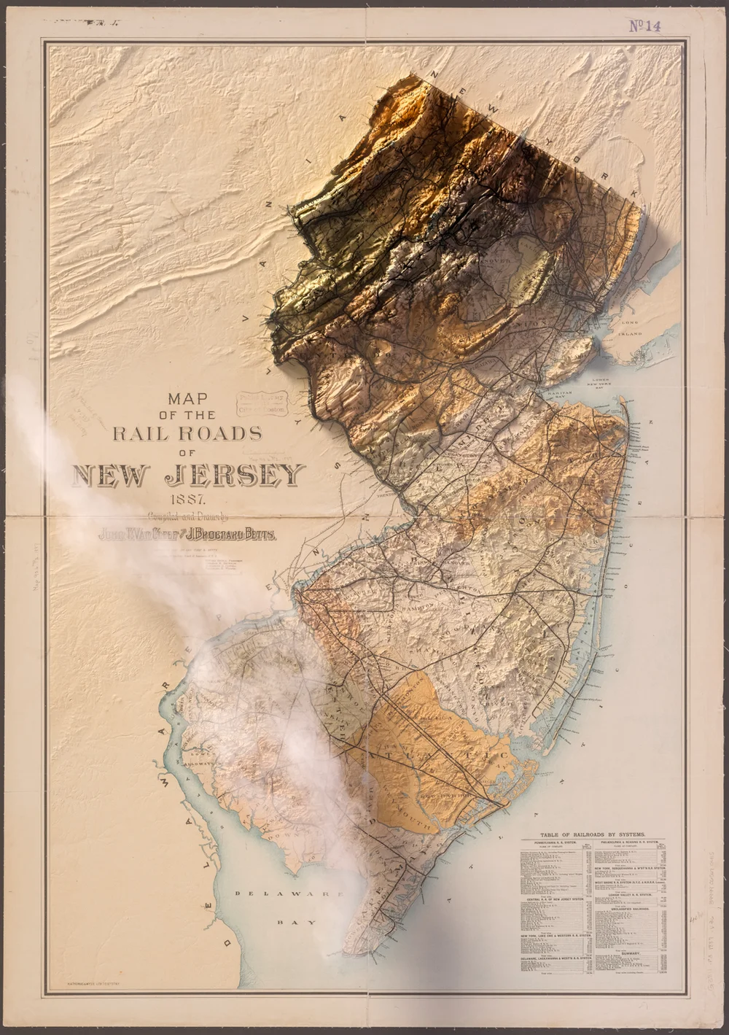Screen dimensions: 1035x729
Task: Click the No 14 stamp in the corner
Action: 644,26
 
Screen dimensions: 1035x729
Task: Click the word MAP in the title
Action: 187,399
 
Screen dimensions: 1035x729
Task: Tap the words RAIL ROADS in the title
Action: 187,433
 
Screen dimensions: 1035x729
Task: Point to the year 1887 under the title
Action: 187,500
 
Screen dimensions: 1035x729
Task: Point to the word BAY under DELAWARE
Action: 292,922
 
